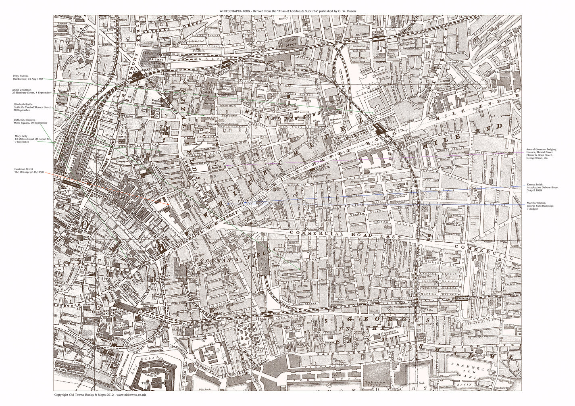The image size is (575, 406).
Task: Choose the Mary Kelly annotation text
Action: pyautogui.click(x=32, y=139)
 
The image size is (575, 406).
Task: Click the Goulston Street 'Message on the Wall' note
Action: pyautogui.click(x=28, y=170)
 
